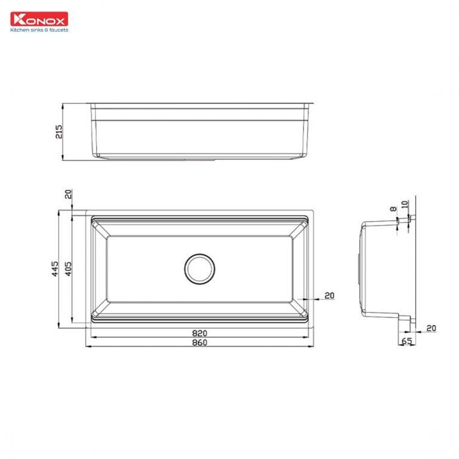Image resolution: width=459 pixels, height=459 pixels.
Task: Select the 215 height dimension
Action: pos(59,132)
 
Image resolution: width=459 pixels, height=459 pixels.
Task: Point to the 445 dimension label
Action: pos(54,269)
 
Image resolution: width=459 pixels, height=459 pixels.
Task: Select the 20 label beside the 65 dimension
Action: pos(432,328)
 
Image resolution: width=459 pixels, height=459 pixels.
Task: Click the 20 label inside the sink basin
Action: pos(329,295)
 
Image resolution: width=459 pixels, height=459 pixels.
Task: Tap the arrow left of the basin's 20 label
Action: pos(301,298)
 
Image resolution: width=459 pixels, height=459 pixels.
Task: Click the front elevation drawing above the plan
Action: pos(200,131)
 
